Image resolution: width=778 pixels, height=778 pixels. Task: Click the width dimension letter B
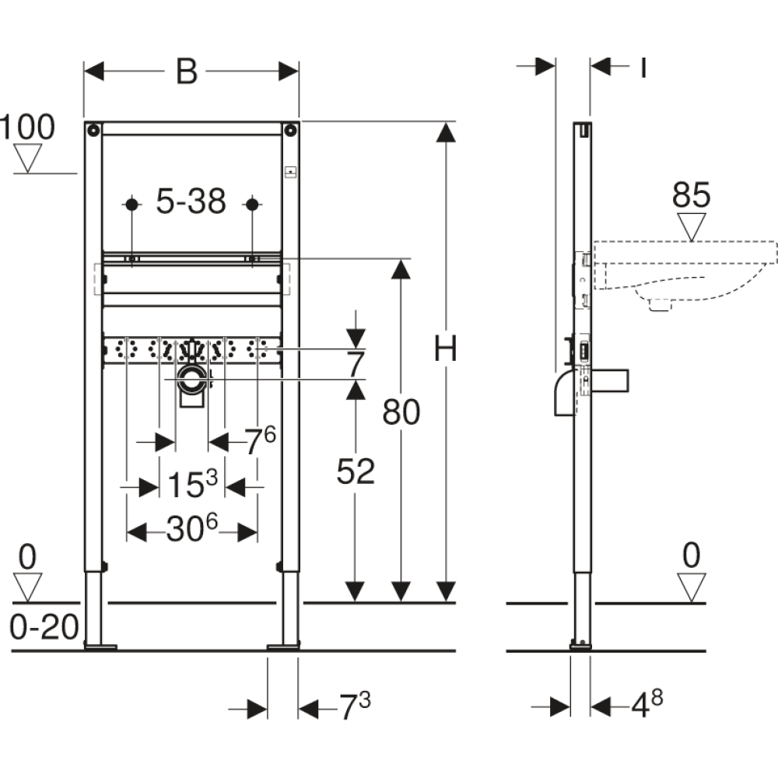(x=187, y=72)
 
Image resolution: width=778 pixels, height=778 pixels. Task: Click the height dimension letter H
(x=445, y=349)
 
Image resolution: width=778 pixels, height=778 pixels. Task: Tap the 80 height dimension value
(x=401, y=412)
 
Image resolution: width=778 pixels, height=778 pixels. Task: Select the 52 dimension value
(x=356, y=471)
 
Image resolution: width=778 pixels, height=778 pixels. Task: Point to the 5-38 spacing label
(x=191, y=201)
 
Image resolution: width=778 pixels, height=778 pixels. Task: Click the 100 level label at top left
(x=27, y=127)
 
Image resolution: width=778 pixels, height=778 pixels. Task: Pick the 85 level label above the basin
(x=691, y=194)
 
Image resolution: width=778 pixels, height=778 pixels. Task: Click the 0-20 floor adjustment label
(x=44, y=626)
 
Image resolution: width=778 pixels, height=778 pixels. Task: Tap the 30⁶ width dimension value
(x=192, y=528)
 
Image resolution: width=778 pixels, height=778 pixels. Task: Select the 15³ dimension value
(x=192, y=483)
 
